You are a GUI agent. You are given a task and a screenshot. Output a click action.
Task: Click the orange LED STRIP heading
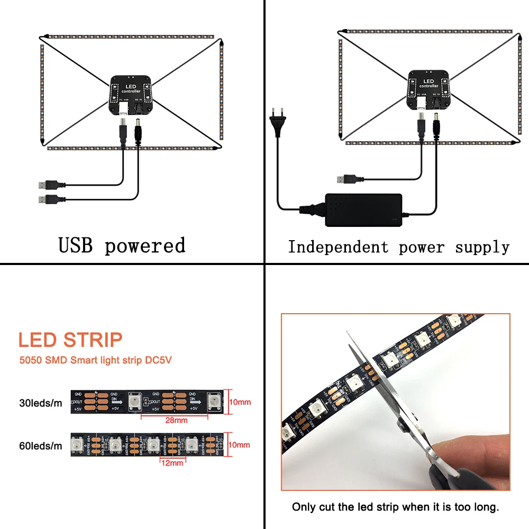70,340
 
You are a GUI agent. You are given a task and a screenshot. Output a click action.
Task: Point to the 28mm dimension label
176,421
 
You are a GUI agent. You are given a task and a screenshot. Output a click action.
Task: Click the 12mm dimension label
172,463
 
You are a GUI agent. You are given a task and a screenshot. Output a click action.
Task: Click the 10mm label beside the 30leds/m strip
240,403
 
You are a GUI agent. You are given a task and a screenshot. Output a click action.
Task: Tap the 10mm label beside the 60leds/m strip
240,445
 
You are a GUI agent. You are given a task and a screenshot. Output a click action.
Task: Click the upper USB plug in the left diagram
48,185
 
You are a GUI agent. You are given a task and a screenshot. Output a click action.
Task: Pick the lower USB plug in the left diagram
48,200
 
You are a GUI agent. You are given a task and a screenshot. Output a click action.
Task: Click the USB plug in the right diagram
348,179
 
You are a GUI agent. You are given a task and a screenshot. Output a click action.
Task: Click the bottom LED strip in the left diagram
132,149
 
